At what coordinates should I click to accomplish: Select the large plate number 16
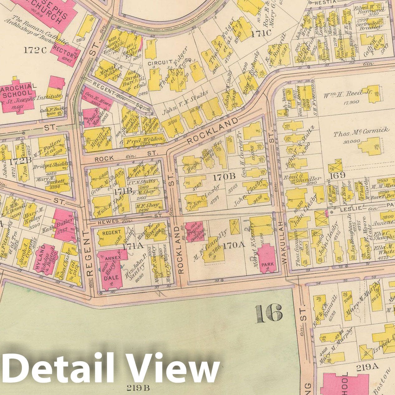(269, 314)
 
